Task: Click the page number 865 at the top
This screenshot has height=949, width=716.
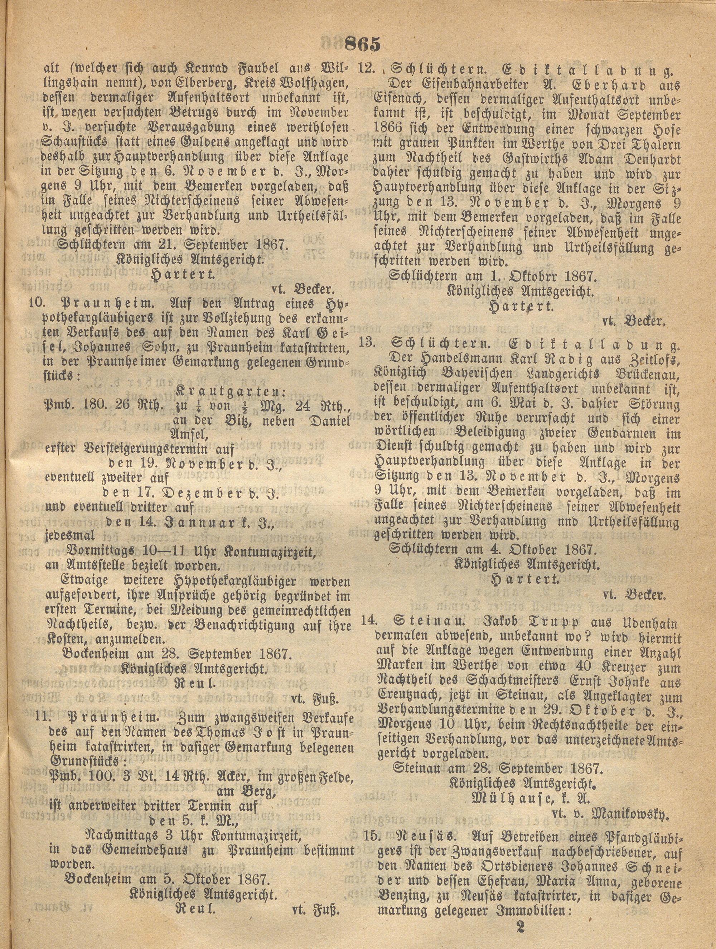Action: pyautogui.click(x=363, y=44)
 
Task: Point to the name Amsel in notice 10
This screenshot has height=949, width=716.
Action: pyautogui.click(x=190, y=435)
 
